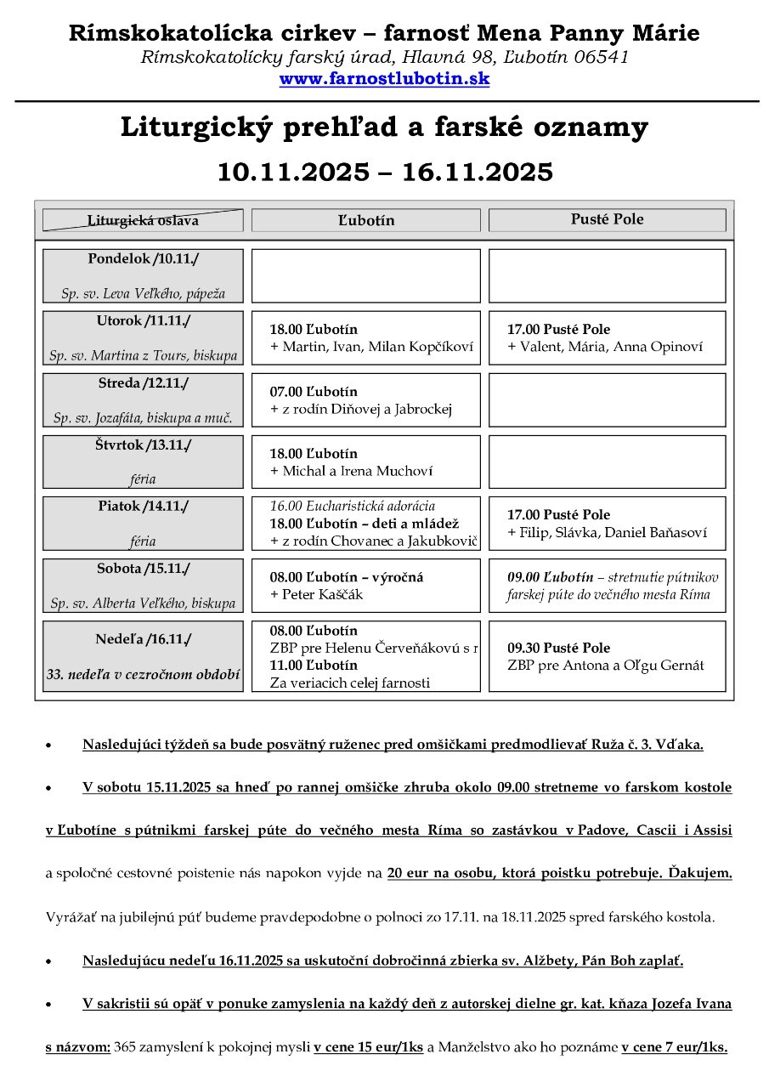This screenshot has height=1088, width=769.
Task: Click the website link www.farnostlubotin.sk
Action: [x=384, y=79]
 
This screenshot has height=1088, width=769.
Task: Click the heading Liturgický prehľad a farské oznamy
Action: [x=384, y=127]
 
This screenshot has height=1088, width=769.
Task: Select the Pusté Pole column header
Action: [x=607, y=219]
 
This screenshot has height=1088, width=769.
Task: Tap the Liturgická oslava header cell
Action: [x=143, y=220]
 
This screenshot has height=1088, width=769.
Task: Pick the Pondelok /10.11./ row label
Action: [x=143, y=258]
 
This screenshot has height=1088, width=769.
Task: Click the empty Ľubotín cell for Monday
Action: [x=365, y=275]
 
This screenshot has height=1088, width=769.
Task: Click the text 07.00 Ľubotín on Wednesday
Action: [x=314, y=392]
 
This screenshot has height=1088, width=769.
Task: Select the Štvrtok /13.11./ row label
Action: [x=143, y=445]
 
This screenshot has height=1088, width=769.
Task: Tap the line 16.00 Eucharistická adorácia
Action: [x=353, y=506]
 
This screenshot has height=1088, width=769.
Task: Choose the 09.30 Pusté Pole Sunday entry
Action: [x=558, y=648]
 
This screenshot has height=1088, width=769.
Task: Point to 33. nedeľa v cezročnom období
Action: [x=143, y=676]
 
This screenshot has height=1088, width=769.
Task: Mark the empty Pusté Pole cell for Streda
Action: [x=607, y=399]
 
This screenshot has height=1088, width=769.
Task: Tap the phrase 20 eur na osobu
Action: [x=440, y=873]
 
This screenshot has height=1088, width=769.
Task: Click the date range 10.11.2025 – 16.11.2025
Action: [x=384, y=172]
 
